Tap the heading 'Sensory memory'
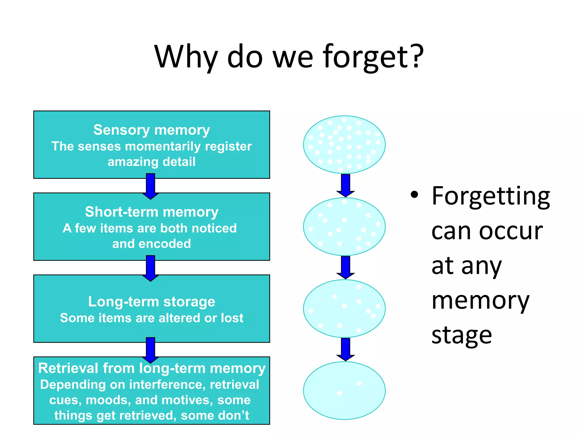(x=152, y=130)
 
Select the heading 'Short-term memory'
(x=152, y=212)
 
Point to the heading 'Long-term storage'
(x=152, y=301)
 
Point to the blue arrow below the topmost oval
(x=345, y=185)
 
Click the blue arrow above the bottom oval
(x=345, y=349)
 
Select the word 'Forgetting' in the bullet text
(x=491, y=196)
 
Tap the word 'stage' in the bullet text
(x=462, y=336)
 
